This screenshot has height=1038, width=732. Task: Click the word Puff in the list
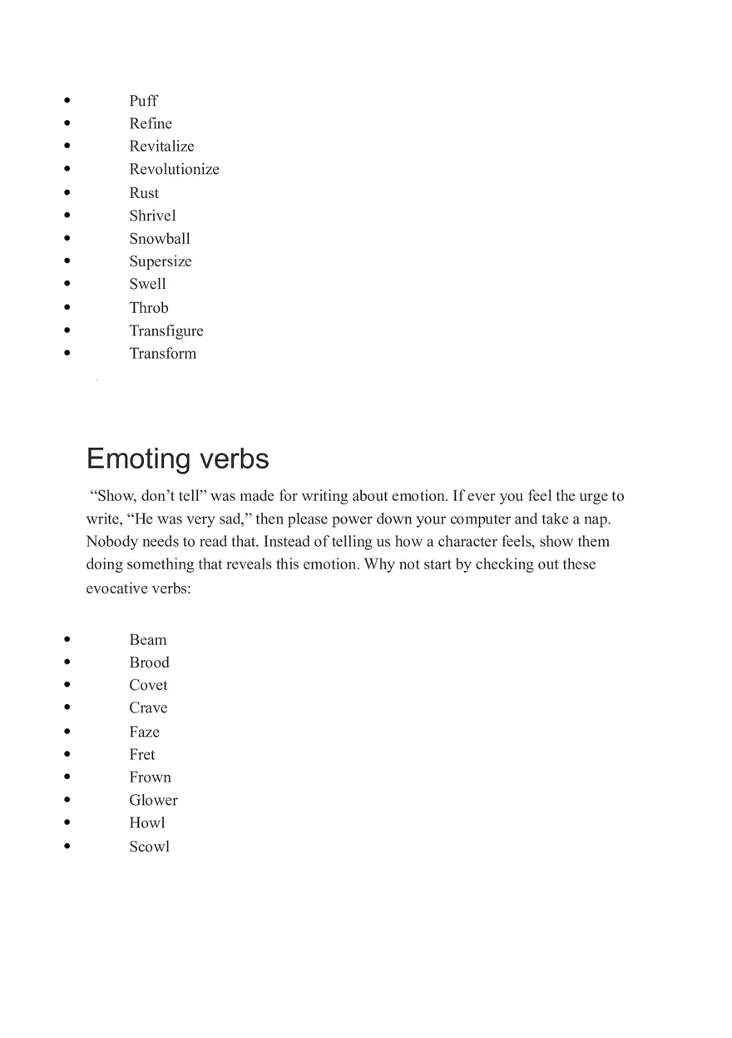pyautogui.click(x=143, y=101)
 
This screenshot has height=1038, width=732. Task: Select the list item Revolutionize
pyautogui.click(x=174, y=169)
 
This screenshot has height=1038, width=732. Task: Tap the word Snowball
pyautogui.click(x=159, y=238)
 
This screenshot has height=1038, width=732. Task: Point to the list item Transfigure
pyautogui.click(x=166, y=330)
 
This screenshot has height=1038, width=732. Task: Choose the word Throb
pyautogui.click(x=148, y=307)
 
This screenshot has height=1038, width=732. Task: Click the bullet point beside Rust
pyautogui.click(x=67, y=192)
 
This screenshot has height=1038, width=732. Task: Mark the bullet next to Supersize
pyautogui.click(x=67, y=261)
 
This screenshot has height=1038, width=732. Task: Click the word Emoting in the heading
pyautogui.click(x=138, y=459)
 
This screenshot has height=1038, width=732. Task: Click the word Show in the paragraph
pyautogui.click(x=116, y=496)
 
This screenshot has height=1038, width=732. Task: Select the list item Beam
pyautogui.click(x=147, y=639)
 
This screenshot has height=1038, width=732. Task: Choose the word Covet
pyautogui.click(x=148, y=685)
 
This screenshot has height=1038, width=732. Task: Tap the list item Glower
pyautogui.click(x=153, y=800)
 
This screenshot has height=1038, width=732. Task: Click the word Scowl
pyautogui.click(x=149, y=847)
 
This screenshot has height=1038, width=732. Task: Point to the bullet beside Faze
pyautogui.click(x=67, y=732)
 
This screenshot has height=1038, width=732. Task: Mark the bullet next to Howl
pyautogui.click(x=67, y=822)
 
